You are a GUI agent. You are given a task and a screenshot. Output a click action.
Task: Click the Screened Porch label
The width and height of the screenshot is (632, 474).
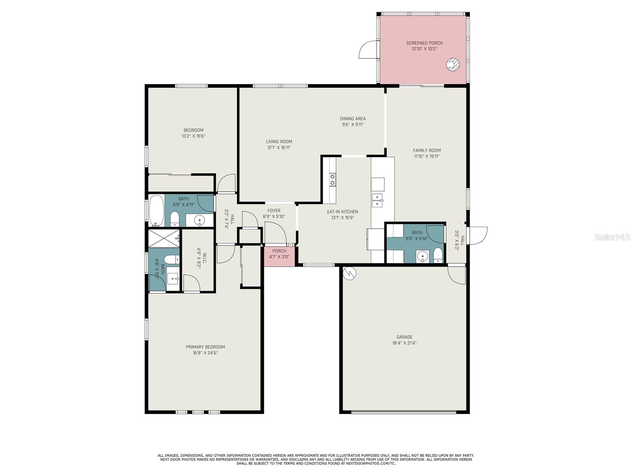coord(424,43)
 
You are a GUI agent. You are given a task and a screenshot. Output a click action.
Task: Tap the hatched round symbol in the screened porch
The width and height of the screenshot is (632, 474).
coord(453,64)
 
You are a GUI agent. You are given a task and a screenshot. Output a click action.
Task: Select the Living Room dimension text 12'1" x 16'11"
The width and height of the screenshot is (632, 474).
coord(279,148)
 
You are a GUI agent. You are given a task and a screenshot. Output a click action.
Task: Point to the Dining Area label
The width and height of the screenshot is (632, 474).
coord(352,118)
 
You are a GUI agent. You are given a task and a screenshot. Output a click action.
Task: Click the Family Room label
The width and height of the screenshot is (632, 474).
coord(427,150)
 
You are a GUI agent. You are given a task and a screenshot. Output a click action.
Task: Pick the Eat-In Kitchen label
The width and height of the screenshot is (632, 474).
coord(342,212)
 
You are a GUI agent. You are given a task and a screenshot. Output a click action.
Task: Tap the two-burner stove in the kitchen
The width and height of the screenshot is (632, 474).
coord(332,179)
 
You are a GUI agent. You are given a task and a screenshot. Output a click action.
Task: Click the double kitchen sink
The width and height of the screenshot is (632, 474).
coord(377,200)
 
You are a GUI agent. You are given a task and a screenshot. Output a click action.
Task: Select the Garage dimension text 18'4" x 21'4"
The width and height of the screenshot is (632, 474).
coord(404,343)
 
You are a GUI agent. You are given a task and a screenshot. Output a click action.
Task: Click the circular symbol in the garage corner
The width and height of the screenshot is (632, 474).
coord(349,273)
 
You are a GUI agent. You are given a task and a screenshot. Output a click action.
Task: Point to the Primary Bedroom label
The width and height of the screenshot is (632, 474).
coord(205,347)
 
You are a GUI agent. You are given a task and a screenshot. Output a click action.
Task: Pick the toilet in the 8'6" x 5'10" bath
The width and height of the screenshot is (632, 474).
coord(437,255)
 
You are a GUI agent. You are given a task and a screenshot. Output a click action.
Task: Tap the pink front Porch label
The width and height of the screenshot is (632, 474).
coord(279,251)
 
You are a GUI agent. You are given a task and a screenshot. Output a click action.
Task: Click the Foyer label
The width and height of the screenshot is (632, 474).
coord(273,211)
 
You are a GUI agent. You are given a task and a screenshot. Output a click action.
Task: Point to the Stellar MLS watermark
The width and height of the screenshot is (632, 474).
coord(612,237)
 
